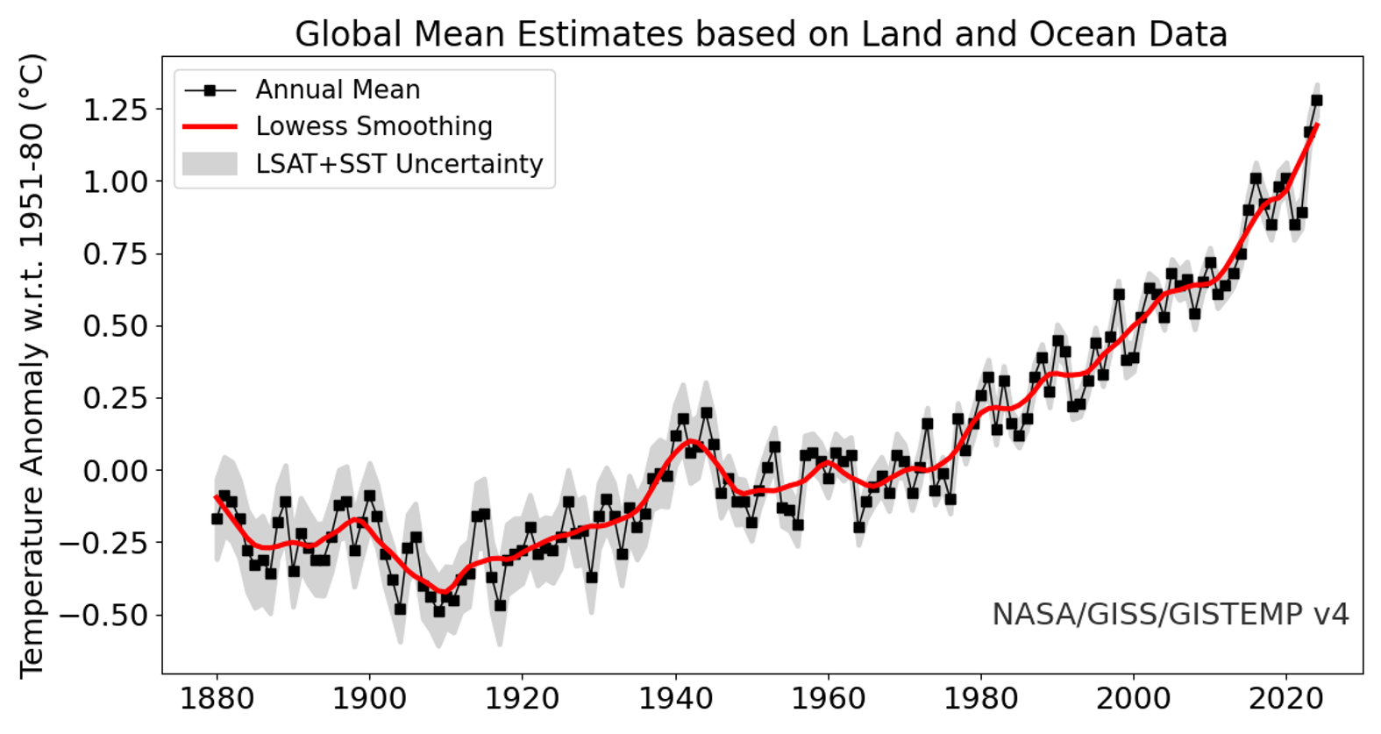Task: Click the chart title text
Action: click(x=760, y=34)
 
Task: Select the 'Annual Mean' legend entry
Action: click(x=338, y=89)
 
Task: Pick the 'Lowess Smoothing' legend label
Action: click(x=374, y=126)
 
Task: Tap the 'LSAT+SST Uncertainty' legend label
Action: click(x=399, y=164)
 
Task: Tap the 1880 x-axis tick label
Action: click(x=217, y=699)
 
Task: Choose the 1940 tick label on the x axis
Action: click(x=675, y=699)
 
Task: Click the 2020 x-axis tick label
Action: click(x=1285, y=699)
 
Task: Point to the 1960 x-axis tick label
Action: click(x=828, y=699)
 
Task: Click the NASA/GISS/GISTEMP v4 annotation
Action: click(x=1170, y=614)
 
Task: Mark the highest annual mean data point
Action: click(x=1316, y=101)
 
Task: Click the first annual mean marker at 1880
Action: click(x=217, y=519)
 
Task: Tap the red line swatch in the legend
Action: click(x=210, y=127)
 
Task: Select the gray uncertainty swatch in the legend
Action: click(x=210, y=164)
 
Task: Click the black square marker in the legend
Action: click(x=210, y=90)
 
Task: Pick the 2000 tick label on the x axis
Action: click(x=1133, y=699)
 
